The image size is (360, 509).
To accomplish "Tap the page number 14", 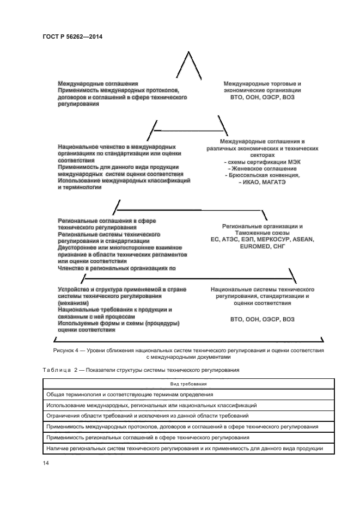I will click(x=46, y=462).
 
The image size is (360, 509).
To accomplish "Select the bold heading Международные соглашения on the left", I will click(x=97, y=83).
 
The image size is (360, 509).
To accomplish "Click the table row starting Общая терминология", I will click(x=130, y=394).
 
